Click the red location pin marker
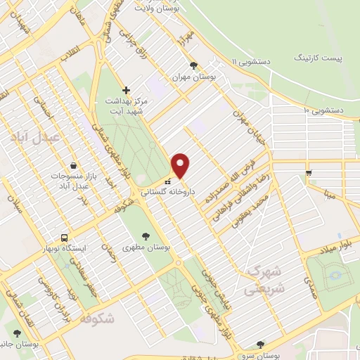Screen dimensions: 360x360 (181, 165)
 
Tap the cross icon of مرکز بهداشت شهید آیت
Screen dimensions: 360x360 (126, 90)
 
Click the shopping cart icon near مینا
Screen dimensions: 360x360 (308, 172)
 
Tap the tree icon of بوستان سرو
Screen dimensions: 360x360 (260, 344)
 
